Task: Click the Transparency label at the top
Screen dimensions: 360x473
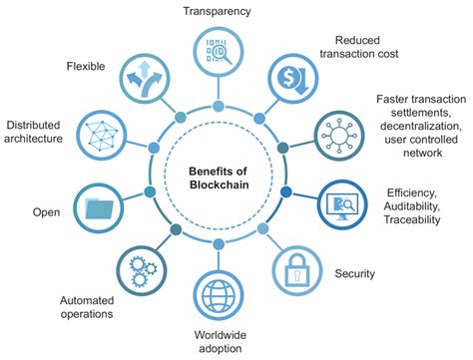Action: pyautogui.click(x=217, y=11)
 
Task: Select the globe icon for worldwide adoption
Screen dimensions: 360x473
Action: pyautogui.click(x=218, y=295)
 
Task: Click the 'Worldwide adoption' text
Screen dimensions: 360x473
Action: pyautogui.click(x=219, y=341)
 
